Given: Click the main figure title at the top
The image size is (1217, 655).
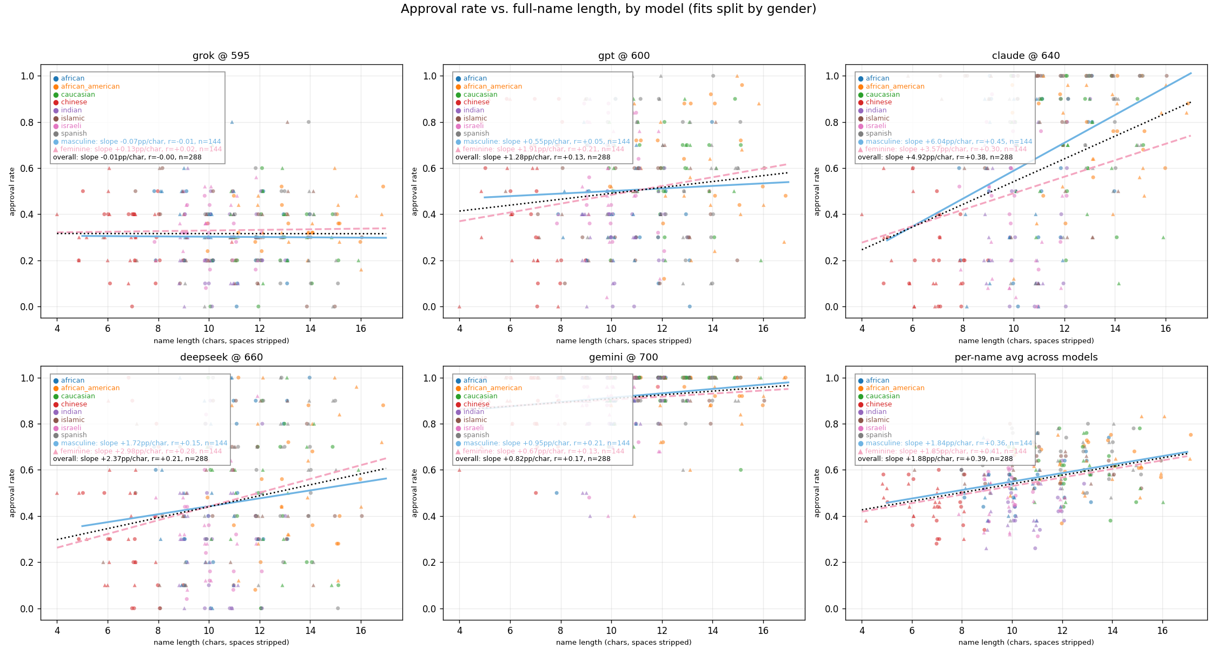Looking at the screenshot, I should click(x=608, y=9).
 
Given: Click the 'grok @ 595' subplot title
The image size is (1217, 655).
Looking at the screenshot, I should click(x=221, y=56).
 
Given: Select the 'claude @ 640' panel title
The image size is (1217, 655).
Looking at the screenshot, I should click(x=1026, y=56).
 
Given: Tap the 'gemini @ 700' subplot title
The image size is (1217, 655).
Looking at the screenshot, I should click(x=623, y=357).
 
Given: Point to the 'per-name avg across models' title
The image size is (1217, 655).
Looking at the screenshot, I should click(x=1026, y=357).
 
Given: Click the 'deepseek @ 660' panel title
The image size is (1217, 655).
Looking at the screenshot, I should click(x=221, y=357).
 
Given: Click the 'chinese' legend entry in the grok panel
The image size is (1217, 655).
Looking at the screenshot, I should click(x=74, y=102).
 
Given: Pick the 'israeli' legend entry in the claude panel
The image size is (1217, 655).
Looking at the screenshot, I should click(x=876, y=126).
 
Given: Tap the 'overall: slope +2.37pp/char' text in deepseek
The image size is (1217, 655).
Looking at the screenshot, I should click(x=130, y=459).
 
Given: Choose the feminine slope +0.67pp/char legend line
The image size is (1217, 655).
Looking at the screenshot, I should click(x=543, y=451).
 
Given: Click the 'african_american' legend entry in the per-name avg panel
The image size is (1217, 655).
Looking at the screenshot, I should click(x=895, y=388).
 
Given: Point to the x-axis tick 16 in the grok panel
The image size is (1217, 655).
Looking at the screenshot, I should click(x=361, y=328).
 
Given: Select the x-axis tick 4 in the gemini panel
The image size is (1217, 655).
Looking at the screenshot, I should click(x=459, y=630).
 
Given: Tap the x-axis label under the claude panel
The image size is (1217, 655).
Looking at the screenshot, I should click(x=1026, y=341).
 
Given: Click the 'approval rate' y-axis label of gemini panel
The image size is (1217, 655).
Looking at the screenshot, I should click(x=415, y=493).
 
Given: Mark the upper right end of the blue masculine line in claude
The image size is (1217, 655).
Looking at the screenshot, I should click(x=1190, y=73).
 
